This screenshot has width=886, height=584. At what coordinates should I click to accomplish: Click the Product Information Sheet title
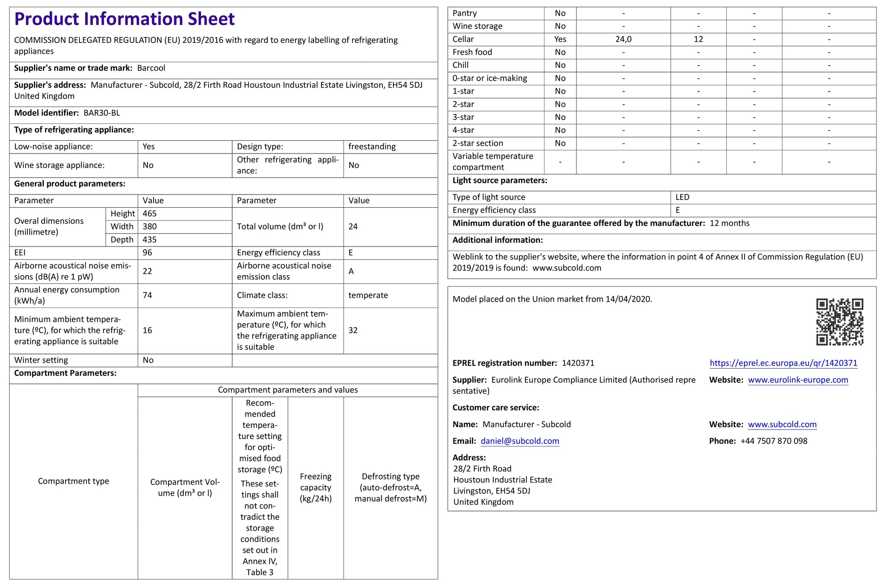click(x=124, y=19)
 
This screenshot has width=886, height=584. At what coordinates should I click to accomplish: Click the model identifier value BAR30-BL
click(x=102, y=113)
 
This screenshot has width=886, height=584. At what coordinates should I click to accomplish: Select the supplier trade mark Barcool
click(x=151, y=68)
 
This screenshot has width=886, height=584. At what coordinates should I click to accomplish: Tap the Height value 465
click(x=149, y=214)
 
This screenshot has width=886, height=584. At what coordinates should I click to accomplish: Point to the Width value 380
click(x=149, y=226)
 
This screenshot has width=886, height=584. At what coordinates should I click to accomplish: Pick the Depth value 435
click(x=149, y=240)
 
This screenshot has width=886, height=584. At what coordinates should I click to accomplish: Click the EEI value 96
click(x=147, y=253)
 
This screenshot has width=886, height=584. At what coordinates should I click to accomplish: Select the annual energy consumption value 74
click(x=147, y=295)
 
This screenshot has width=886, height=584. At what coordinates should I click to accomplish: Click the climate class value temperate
click(x=368, y=295)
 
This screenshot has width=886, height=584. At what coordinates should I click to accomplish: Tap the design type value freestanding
click(x=372, y=147)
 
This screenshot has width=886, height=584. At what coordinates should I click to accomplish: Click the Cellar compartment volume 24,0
click(x=623, y=39)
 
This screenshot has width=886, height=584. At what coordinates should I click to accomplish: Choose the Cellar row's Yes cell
click(x=560, y=39)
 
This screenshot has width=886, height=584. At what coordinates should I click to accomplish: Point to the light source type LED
click(x=682, y=197)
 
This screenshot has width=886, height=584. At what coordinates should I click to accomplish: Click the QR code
click(x=840, y=322)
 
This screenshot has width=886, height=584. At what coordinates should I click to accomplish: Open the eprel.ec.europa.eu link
click(x=783, y=363)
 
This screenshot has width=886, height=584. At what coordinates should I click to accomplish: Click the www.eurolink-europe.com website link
click(x=798, y=380)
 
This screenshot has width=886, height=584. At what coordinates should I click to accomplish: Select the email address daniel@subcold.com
click(x=519, y=441)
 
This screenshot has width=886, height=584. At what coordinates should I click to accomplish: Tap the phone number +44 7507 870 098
click(x=774, y=441)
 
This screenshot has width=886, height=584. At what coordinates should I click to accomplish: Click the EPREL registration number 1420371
click(x=578, y=363)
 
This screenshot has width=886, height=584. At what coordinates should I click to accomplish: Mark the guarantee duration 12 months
click(x=729, y=223)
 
